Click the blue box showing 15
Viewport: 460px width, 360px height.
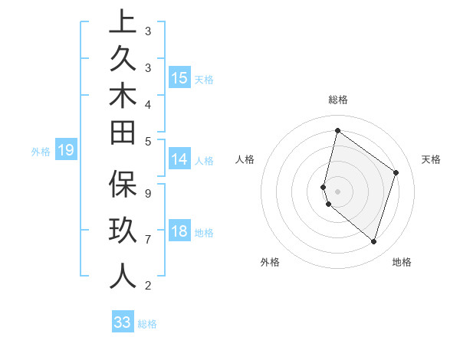[x=179, y=78]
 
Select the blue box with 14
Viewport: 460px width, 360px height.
[x=179, y=160]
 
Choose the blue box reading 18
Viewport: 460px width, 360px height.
[x=179, y=232]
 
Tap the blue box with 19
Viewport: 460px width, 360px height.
[x=66, y=151]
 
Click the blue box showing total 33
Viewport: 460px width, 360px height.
[x=123, y=322]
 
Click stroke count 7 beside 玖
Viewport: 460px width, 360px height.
[x=148, y=240]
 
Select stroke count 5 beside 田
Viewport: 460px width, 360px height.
[x=148, y=141]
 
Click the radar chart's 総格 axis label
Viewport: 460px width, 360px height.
[x=337, y=100]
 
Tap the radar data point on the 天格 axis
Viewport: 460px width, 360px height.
[x=396, y=172]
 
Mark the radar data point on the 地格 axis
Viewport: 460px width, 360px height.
[x=373, y=241]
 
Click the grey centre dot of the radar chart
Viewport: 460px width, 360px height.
[x=337, y=191]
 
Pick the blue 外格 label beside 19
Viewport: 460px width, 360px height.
[x=41, y=152]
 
